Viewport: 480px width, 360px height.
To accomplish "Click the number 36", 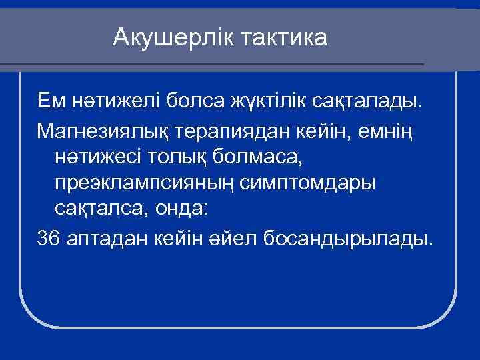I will tap(49, 238).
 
